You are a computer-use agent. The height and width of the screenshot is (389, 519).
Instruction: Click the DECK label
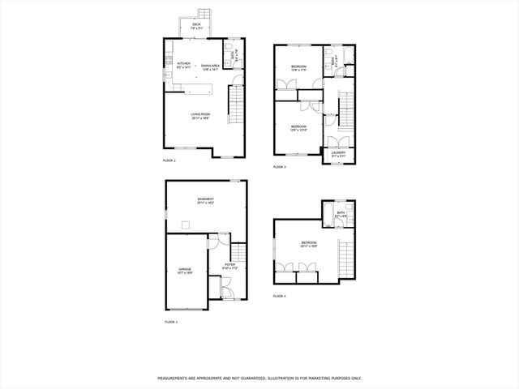[x=197, y=25]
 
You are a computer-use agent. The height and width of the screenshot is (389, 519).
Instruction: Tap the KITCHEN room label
[x=183, y=63]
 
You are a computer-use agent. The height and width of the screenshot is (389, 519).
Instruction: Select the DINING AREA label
[x=212, y=65]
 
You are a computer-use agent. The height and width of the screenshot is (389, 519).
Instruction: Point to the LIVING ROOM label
[x=201, y=114]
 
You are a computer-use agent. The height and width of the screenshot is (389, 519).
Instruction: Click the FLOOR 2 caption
[x=169, y=160]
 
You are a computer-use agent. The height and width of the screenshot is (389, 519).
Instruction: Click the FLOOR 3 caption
[x=280, y=167]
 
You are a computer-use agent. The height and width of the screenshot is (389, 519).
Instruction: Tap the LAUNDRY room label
[x=338, y=153]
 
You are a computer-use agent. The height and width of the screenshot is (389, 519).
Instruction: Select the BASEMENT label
[x=205, y=199]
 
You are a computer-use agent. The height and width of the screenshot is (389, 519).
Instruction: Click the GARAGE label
[x=184, y=270]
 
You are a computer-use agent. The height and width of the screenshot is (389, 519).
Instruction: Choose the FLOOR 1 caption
[x=171, y=323]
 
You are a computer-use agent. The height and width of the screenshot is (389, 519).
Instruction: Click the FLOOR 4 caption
[x=280, y=297]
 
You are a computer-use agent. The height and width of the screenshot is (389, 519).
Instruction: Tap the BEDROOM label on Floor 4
[x=309, y=243]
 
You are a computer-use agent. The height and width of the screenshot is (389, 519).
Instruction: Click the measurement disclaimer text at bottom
[x=259, y=378]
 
